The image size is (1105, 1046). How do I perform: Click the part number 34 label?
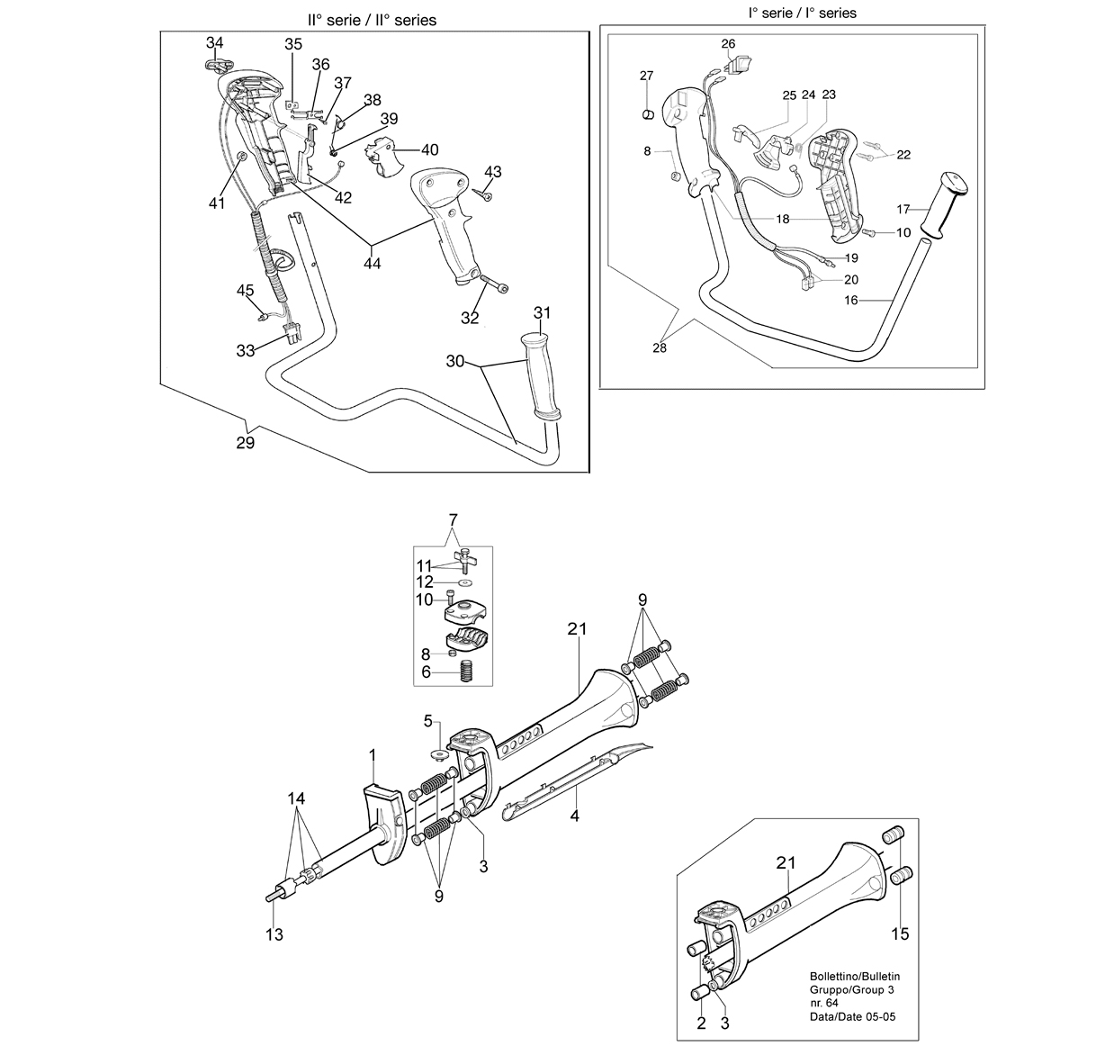click(215, 42)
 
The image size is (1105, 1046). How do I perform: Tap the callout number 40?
click(430, 149)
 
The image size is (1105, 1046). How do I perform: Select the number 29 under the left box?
click(246, 443)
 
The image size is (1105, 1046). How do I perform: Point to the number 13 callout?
click(274, 934)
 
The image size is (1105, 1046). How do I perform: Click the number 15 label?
click(900, 934)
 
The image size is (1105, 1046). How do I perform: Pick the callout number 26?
click(728, 44)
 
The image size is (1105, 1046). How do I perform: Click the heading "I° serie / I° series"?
click(802, 13)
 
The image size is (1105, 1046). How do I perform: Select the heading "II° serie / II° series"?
click(372, 20)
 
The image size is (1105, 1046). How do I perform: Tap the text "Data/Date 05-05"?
click(853, 1017)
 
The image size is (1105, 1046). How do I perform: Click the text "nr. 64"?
click(824, 1004)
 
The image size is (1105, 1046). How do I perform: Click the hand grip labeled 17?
click(944, 206)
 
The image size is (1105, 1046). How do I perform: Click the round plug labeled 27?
click(647, 114)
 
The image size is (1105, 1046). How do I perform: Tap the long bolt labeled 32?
click(493, 283)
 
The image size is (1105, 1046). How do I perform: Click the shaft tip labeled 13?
click(274, 896)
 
